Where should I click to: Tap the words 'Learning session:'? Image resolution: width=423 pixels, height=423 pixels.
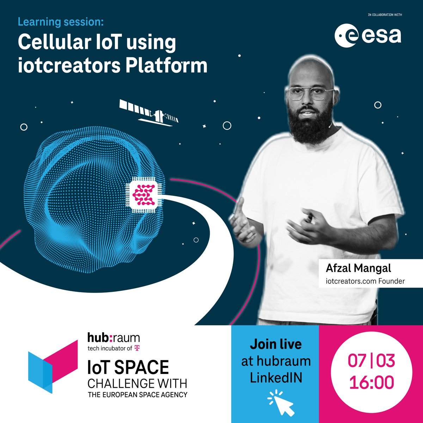click(x=61, y=22)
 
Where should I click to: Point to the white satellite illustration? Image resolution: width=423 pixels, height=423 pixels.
click(x=149, y=112)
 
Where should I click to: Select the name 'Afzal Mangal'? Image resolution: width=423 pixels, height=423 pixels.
click(x=358, y=268)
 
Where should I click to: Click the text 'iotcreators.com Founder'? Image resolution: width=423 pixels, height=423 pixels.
click(x=365, y=281)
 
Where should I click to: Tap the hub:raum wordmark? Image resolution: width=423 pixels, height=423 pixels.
click(x=114, y=338)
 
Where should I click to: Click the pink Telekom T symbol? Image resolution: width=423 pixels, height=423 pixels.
click(x=137, y=349)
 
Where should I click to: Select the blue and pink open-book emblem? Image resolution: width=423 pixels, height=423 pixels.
click(x=53, y=367)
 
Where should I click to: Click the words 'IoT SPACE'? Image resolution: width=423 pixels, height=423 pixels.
click(x=128, y=368)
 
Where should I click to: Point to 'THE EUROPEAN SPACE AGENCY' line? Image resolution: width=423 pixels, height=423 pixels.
click(x=137, y=394)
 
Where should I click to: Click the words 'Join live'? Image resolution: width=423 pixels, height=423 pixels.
click(x=275, y=344)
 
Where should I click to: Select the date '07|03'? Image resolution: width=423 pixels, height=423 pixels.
click(x=371, y=361)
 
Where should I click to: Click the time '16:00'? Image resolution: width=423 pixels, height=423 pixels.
click(x=371, y=383)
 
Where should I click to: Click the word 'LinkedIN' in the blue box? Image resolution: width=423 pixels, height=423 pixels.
click(x=276, y=378)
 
